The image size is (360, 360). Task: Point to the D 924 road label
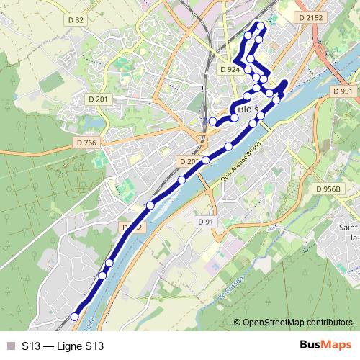(229, 69)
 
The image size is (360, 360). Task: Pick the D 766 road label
(85, 143)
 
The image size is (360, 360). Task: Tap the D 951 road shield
(343, 91)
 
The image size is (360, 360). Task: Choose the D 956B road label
(327, 189)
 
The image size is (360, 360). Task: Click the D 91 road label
(206, 222)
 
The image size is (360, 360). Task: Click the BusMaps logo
(325, 346)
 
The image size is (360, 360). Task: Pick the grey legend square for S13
(9, 346)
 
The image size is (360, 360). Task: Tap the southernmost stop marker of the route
(74, 316)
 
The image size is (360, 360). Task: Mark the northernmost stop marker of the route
(261, 27)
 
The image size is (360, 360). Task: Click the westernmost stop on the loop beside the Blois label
(213, 122)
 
